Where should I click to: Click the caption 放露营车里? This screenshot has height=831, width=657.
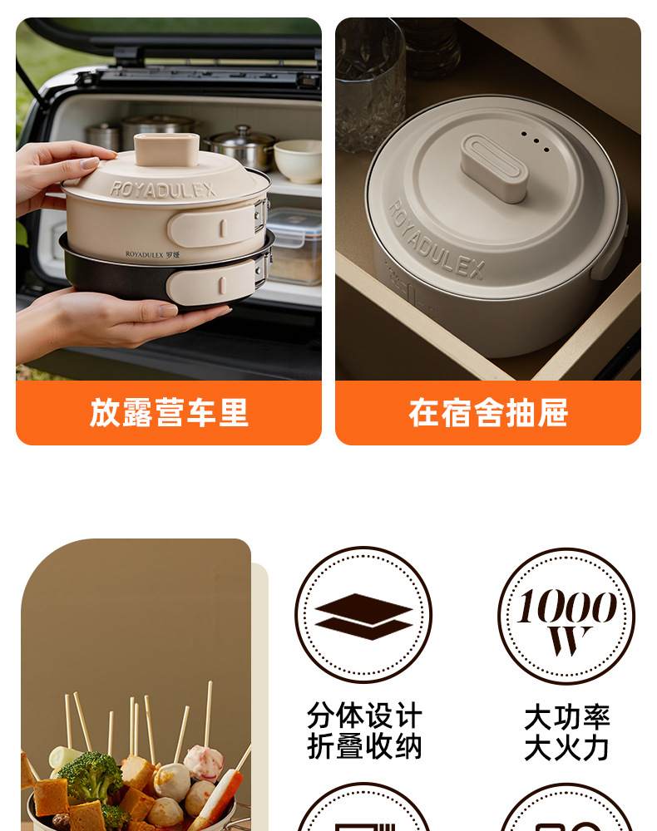point(169,413)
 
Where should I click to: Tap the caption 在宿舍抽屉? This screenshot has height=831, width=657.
point(488,413)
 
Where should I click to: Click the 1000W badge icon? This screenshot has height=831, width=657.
point(566,616)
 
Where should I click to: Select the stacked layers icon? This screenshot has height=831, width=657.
point(363,616)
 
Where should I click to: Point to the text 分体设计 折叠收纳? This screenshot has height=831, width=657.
point(364,731)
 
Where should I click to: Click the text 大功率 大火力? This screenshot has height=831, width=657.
point(567,732)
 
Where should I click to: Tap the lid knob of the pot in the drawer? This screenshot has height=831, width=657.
point(494,168)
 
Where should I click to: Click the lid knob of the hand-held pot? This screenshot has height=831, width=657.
point(166,149)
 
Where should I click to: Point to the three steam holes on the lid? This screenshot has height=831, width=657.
point(535,141)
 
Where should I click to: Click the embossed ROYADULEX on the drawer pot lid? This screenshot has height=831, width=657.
point(437,241)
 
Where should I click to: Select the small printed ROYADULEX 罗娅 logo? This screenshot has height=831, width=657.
point(153,254)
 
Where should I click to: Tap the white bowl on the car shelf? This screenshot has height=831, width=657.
point(298,160)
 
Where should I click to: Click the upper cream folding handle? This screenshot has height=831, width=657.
point(215,226)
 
